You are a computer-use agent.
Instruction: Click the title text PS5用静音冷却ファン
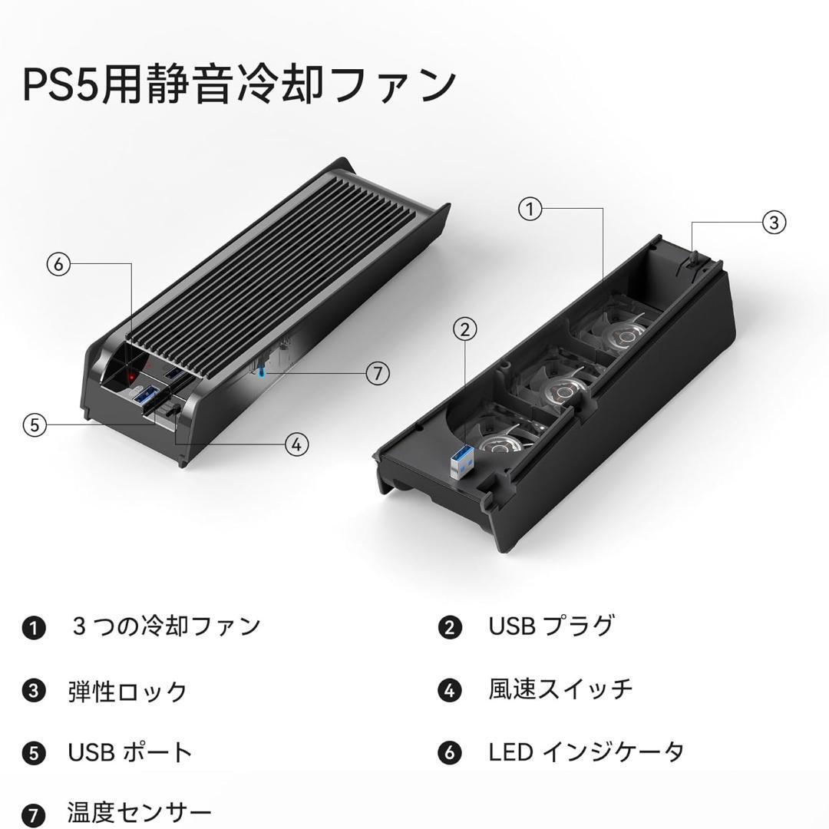239,84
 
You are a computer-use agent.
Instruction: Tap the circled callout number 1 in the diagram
530,210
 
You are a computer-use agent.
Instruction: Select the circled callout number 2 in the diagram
464,330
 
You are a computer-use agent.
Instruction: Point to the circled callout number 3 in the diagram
774,223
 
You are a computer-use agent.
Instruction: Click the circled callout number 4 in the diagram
296,443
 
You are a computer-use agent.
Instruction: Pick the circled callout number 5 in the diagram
35,424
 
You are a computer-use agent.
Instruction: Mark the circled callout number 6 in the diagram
58,265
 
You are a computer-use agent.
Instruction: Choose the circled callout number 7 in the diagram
377,374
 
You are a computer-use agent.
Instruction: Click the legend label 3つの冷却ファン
166,626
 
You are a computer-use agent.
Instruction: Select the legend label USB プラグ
551,626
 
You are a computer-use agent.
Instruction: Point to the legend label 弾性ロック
127,690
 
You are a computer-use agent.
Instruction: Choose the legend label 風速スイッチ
560,689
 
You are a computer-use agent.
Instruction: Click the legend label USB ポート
130,752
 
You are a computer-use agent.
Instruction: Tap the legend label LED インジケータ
586,752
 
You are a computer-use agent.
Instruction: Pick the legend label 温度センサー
139,813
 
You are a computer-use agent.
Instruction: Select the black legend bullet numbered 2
450,628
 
